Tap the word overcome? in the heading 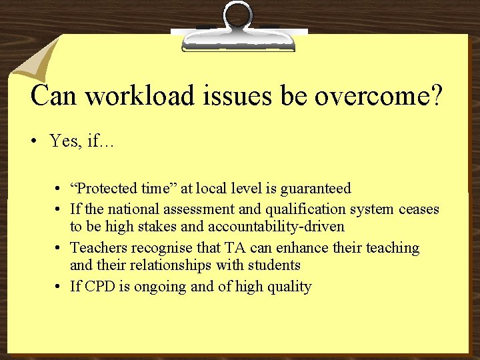[x=378, y=96]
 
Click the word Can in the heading [x=55, y=96]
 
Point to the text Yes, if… [x=81, y=141]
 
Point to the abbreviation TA [x=234, y=248]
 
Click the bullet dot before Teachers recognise [x=60, y=249]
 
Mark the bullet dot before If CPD [x=60, y=287]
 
